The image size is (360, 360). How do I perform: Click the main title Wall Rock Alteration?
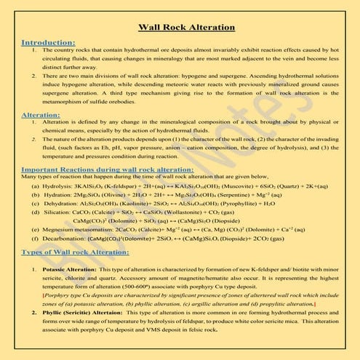pos(180,28)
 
